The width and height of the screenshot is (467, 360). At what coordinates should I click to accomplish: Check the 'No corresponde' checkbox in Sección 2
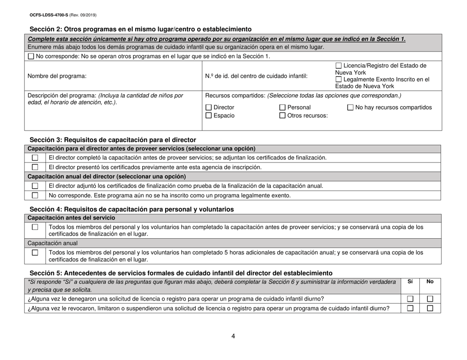pos(32,56)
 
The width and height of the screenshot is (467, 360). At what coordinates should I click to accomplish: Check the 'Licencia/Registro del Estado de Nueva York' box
pos(338,66)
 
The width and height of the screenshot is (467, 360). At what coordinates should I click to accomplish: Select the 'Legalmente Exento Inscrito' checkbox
pos(338,80)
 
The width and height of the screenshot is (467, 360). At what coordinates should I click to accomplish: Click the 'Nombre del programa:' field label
pos(57,76)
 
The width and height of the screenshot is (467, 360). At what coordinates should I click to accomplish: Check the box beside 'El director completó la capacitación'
pos(35,158)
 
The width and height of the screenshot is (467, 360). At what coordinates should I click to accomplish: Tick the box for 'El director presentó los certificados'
pos(35,167)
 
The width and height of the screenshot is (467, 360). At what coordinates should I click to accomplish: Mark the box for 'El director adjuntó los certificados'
pos(35,186)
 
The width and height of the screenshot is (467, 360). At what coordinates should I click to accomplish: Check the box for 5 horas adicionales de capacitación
pos(35,252)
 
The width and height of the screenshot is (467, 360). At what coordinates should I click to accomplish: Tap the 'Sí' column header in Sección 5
pos(411,282)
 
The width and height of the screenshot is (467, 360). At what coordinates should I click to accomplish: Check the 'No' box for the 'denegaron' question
pos(430,299)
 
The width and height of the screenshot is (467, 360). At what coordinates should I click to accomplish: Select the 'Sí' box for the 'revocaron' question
pos(409,308)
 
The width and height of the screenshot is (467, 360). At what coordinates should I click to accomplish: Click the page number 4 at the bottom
pos(233,337)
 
